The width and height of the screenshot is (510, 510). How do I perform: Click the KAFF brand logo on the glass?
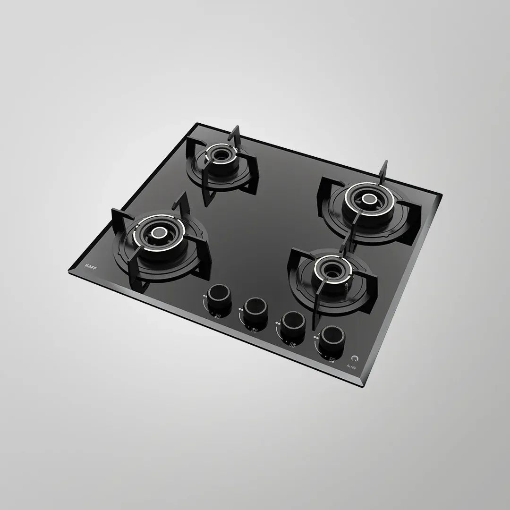(x=90, y=266)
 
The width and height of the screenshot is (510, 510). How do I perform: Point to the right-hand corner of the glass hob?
(x=442, y=194)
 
